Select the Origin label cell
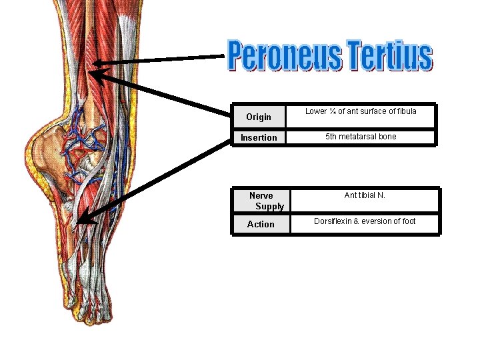pos(259,117)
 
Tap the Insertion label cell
pos(259,137)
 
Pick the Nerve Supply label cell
pos(261,201)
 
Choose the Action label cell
pos(261,224)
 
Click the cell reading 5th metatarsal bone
pos(361,137)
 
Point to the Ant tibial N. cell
pos(365,195)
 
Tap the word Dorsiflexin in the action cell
pos(337,221)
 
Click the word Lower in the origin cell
pos(317,111)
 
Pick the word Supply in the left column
pos(269,206)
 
